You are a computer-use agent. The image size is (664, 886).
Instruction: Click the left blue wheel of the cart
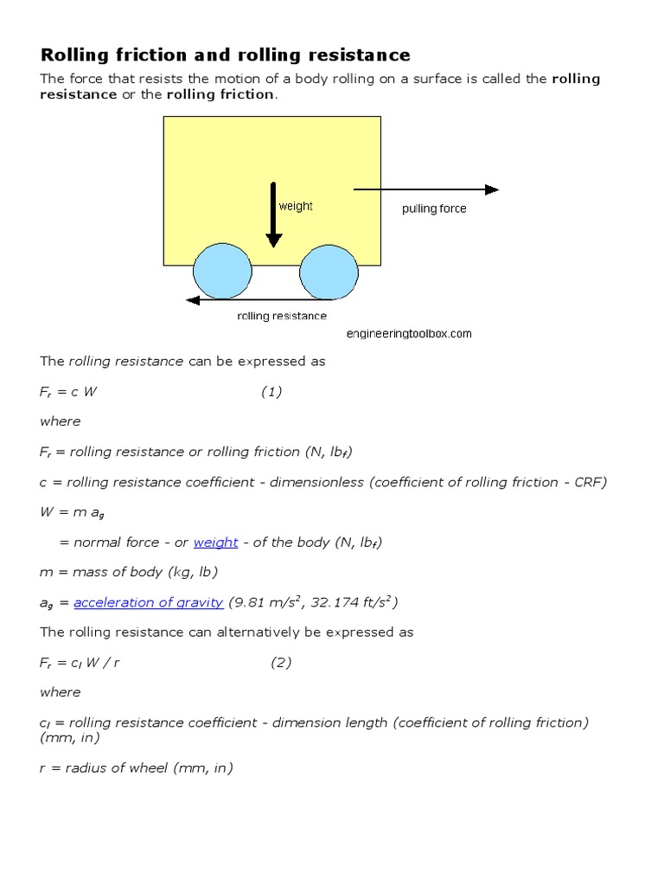(x=221, y=271)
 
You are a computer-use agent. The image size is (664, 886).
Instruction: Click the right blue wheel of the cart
(x=329, y=271)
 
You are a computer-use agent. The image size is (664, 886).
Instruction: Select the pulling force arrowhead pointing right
(x=492, y=189)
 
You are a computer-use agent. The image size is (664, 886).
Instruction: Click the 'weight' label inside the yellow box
(x=296, y=207)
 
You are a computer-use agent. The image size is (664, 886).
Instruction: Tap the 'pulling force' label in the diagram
(x=434, y=209)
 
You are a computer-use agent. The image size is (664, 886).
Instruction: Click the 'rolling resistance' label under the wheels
(x=282, y=316)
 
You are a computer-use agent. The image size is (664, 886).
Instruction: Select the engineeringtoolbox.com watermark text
(x=409, y=333)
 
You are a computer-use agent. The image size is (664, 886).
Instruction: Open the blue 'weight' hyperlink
(x=216, y=543)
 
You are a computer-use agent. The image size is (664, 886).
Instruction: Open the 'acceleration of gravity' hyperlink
(x=149, y=602)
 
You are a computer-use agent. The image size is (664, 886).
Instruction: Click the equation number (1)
(x=271, y=392)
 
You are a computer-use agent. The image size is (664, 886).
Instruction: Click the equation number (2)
(x=281, y=663)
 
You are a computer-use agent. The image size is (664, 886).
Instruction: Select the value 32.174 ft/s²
(x=349, y=602)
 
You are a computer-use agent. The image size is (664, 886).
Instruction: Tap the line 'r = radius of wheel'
(x=137, y=767)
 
